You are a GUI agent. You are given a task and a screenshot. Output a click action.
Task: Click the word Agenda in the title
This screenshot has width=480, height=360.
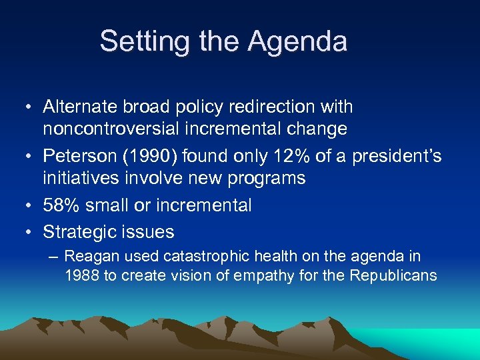pyautogui.click(x=297, y=41)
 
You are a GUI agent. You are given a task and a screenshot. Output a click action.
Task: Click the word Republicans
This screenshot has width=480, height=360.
pyautogui.click(x=394, y=275)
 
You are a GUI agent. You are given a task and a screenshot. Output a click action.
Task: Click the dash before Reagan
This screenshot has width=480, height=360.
pyautogui.click(x=54, y=257)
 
